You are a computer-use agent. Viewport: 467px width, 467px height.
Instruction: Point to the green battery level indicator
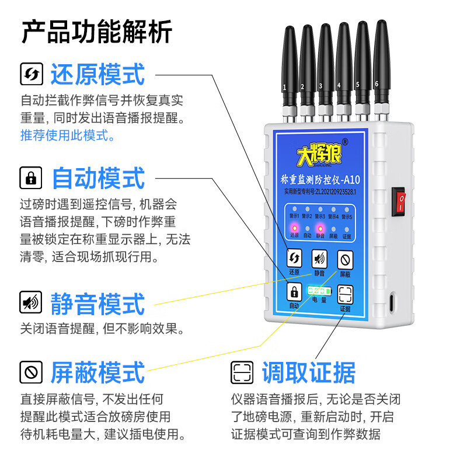pos(319,290)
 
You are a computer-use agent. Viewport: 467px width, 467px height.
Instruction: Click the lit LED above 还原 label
pos(294,228)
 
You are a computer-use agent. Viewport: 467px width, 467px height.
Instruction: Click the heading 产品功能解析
pos(97,32)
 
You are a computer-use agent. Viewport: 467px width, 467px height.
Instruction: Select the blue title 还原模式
pos(97,75)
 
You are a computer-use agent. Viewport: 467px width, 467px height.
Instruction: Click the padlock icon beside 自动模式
pos(30,177)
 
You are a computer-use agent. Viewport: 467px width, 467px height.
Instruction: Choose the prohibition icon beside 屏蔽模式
pos(30,371)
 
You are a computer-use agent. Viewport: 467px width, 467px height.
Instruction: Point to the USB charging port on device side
pos(391,304)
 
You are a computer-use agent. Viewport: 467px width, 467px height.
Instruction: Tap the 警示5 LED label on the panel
pos(347,216)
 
